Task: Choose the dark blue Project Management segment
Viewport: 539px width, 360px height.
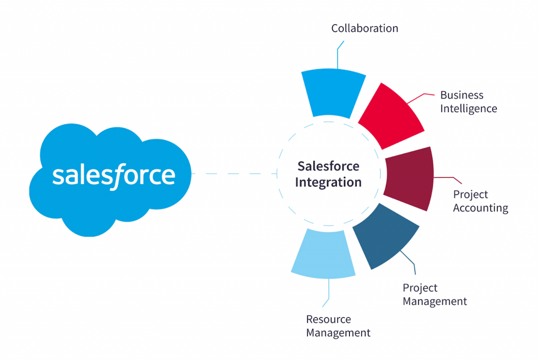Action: pos(385,236)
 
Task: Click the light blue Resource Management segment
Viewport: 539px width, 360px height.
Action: pos(323,254)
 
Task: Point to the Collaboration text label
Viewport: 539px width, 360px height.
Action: pos(364,28)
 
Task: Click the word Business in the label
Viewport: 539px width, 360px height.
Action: pos(462,95)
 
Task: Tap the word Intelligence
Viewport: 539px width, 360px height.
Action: pos(468,109)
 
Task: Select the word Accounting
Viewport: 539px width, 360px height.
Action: pos(481,208)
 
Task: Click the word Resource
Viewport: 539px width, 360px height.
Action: pos(328,319)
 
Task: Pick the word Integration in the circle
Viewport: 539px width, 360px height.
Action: pos(328,183)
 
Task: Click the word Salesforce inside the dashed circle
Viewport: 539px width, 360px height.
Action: pos(328,166)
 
